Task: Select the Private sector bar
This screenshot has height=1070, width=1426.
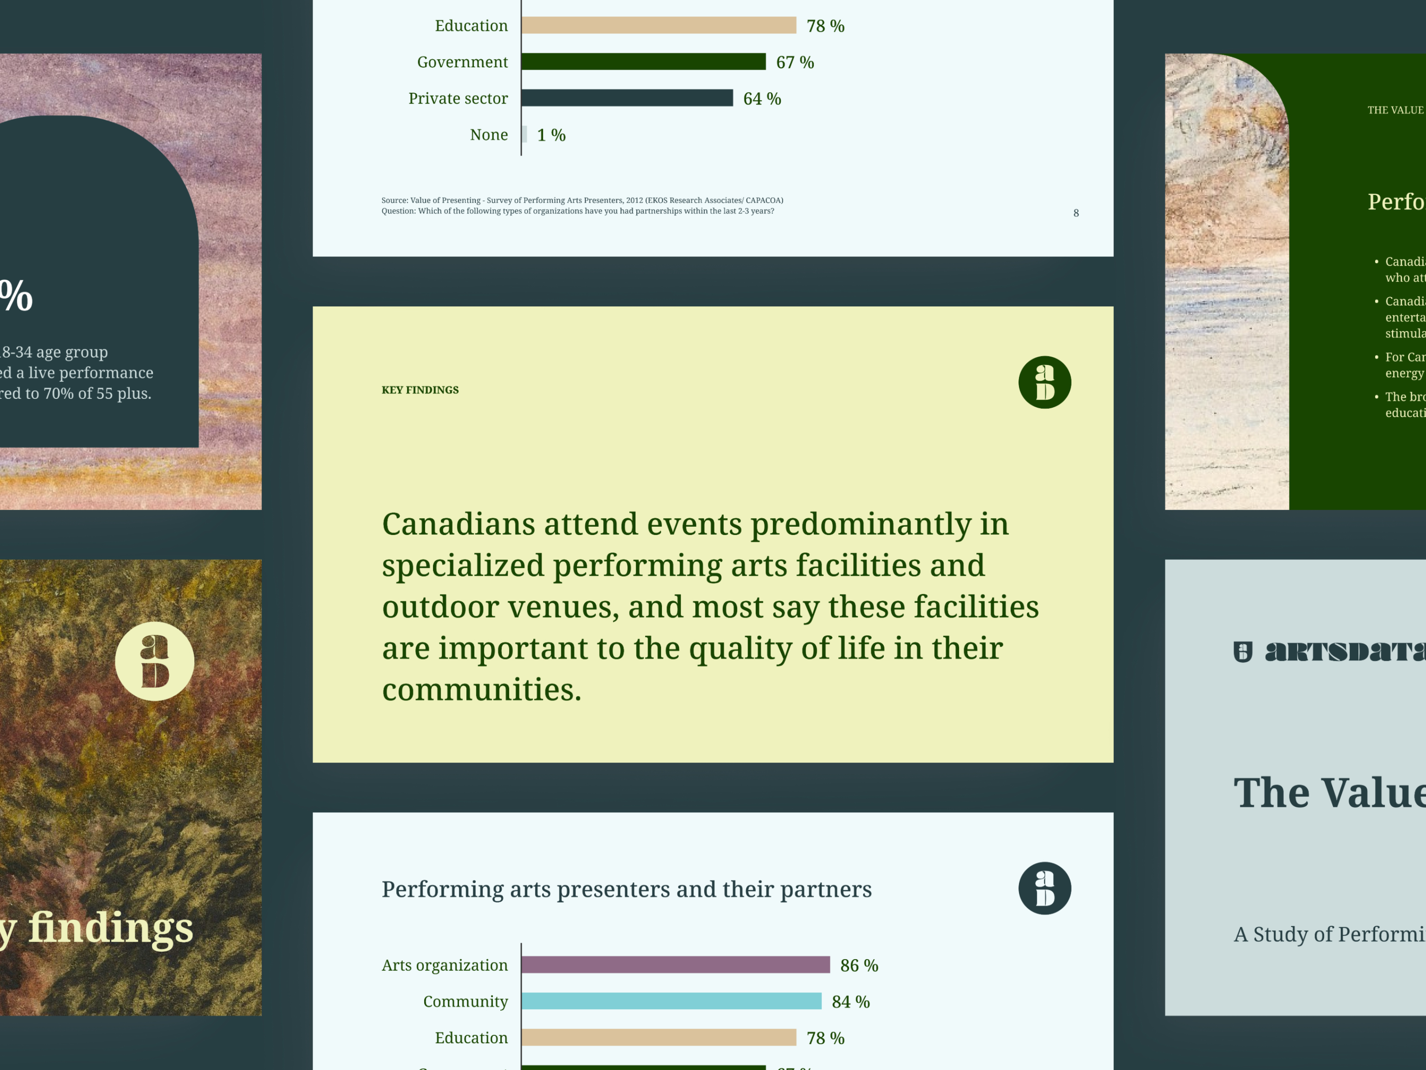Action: [627, 98]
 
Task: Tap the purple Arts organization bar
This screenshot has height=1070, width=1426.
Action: [675, 965]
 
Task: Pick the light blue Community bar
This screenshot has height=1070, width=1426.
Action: [671, 1001]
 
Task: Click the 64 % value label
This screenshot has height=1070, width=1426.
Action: [762, 99]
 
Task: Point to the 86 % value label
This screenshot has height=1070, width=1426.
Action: [859, 965]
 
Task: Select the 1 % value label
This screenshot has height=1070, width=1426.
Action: [551, 135]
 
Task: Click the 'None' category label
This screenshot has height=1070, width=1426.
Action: [489, 135]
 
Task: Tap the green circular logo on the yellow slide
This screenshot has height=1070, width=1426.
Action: [1044, 383]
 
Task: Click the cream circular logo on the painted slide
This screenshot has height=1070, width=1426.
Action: [155, 661]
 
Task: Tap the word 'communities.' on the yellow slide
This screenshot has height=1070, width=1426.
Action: [482, 690]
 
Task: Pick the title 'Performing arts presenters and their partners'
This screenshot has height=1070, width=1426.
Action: [626, 889]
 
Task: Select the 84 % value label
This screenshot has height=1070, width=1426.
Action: [850, 1002]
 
